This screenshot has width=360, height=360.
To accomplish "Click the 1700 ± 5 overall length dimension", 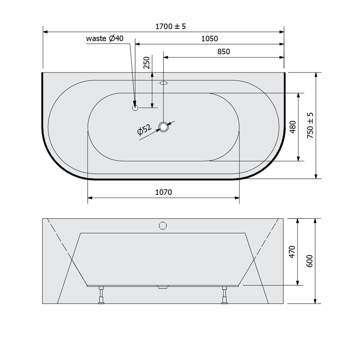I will point(171,26).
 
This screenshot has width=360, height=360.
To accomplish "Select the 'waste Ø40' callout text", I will point(105,38).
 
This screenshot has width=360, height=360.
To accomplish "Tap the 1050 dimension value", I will point(210,39).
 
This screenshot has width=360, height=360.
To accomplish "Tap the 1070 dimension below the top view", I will point(163,192).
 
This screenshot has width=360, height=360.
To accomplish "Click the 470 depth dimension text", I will point(292,252).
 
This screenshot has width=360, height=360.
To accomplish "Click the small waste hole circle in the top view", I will point(135,107).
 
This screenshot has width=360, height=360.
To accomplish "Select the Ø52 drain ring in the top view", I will point(164,127).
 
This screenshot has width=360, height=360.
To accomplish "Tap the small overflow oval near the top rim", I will point(164,84).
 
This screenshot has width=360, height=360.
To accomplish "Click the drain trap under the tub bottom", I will point(163,287).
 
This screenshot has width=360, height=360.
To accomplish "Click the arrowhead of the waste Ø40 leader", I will point(135,103).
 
